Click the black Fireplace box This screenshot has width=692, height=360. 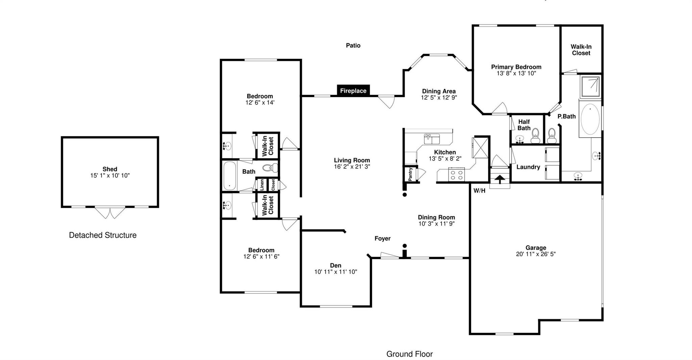click(x=353, y=91)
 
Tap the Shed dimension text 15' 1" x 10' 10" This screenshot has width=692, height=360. click(x=110, y=175)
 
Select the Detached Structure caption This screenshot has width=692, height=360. click(x=103, y=235)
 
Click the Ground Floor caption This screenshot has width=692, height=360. click(x=410, y=354)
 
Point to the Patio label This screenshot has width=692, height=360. click(x=353, y=45)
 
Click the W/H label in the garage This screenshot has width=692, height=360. click(x=479, y=191)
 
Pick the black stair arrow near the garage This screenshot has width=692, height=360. click(x=500, y=178)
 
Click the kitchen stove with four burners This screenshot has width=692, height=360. click(x=456, y=175)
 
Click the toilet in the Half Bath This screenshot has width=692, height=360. click(x=535, y=137)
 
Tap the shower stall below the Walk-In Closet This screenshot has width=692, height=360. click(x=591, y=87)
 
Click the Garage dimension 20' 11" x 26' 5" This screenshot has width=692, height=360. click(x=536, y=254)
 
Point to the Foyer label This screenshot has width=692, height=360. click(x=382, y=239)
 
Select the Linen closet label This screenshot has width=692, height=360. click(x=262, y=185)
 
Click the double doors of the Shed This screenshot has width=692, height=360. click(x=110, y=212)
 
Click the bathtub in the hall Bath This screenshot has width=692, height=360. click(x=230, y=176)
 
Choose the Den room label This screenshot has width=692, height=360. click(x=336, y=266)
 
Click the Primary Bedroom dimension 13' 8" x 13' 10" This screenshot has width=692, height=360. click(x=516, y=73)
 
